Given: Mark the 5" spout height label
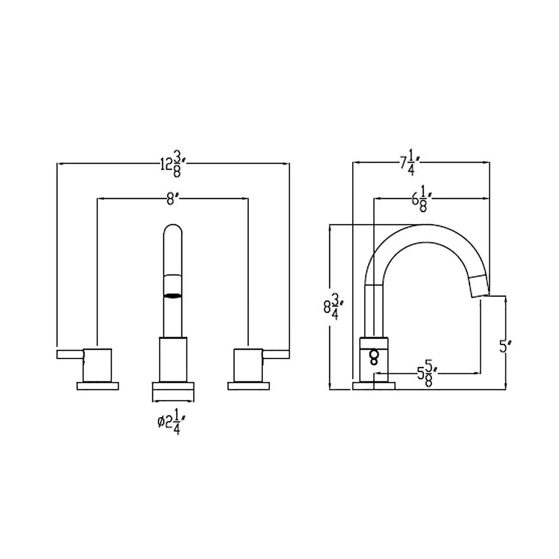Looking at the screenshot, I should (x=503, y=347).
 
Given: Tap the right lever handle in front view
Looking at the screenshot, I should (x=276, y=354).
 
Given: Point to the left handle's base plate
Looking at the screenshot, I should (x=98, y=386).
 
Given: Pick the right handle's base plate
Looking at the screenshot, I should (x=249, y=386).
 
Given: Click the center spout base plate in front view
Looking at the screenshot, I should (x=173, y=386).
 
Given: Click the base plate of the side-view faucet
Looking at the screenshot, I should (x=374, y=386).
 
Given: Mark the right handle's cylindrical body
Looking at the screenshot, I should (x=249, y=365).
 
